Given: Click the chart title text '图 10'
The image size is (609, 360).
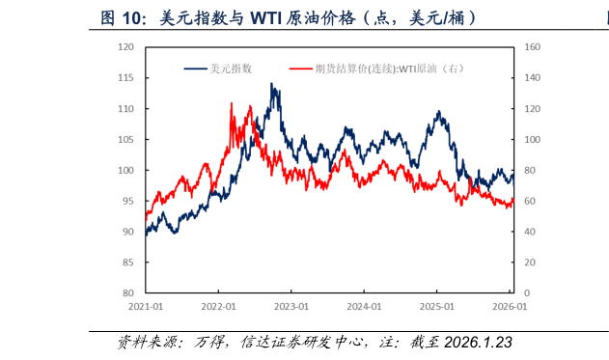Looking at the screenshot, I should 123,18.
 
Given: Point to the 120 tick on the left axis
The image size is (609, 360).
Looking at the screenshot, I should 125,46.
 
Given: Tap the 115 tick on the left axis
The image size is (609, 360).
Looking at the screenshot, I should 125,77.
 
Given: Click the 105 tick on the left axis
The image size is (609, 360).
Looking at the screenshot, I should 125,139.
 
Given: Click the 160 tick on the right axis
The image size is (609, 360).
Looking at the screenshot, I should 531,46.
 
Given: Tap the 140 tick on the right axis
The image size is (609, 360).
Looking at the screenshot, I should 531,77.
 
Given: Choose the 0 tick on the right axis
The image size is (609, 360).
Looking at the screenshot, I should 526,293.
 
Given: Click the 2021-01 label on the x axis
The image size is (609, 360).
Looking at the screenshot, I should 145,307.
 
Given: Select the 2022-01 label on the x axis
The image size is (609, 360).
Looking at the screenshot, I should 218,307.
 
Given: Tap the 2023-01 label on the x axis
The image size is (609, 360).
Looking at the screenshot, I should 291,307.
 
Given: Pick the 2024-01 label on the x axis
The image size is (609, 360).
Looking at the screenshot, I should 364,307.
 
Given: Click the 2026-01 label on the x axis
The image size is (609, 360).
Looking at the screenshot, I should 510,307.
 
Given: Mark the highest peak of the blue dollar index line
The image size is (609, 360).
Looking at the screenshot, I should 272,84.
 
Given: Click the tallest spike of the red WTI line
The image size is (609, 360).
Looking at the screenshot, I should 232,103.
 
